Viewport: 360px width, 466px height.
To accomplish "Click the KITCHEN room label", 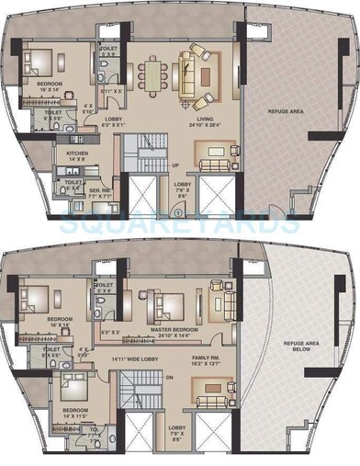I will pyautogui.click(x=76, y=153).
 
